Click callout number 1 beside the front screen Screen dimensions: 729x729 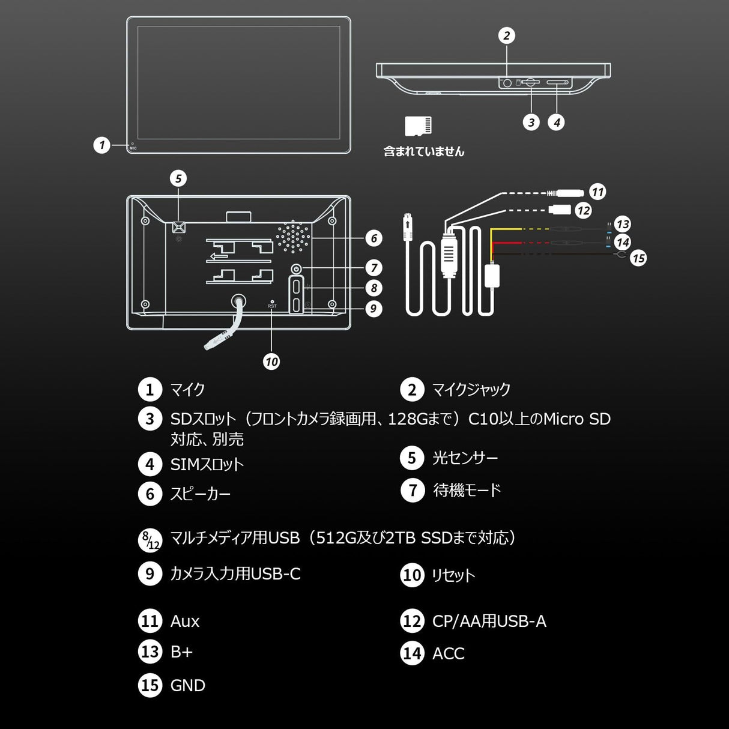[x=102, y=145]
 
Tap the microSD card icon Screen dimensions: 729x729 [x=418, y=126]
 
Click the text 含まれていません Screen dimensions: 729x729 [x=423, y=151]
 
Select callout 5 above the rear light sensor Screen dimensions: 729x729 [x=178, y=178]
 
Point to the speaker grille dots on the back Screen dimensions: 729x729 [x=294, y=235]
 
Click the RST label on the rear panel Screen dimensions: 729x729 [x=272, y=306]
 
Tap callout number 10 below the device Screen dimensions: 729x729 [x=271, y=361]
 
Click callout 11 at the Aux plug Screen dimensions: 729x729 [x=597, y=192]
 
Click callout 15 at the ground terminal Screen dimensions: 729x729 [x=638, y=258]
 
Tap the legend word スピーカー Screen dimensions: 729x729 [x=200, y=494]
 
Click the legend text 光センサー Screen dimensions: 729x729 [x=465, y=458]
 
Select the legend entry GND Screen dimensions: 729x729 [x=187, y=685]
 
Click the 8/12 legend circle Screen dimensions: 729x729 [x=150, y=540]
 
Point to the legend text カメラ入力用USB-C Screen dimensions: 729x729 [x=235, y=573]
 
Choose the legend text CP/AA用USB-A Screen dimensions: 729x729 [x=489, y=621]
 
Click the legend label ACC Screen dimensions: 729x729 [x=448, y=653]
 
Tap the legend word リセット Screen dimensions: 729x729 [x=453, y=575]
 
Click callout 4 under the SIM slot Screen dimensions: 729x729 [x=556, y=123]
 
